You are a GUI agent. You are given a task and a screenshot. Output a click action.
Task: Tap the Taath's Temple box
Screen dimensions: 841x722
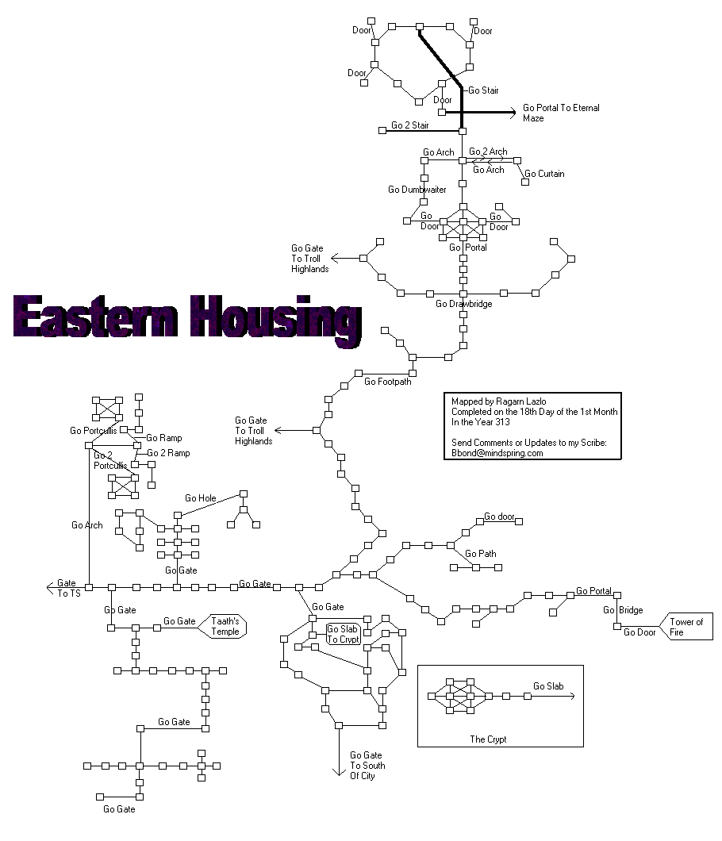pos(225,626)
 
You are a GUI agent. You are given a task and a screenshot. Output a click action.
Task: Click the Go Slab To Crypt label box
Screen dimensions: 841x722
pos(344,634)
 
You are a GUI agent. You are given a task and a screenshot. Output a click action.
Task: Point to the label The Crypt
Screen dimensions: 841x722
pos(488,739)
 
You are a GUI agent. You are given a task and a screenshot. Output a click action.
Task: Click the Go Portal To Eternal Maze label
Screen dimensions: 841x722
pos(560,113)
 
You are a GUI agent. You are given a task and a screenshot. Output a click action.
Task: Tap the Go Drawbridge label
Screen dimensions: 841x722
pos(463,304)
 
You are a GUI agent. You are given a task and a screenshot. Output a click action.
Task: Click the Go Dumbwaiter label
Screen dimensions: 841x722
pos(417,190)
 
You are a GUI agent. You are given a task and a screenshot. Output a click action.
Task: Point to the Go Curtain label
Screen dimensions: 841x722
pos(544,174)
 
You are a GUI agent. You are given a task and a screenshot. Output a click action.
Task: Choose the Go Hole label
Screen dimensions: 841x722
pos(200,498)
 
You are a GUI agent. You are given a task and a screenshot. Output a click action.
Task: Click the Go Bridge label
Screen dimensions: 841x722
pos(623,610)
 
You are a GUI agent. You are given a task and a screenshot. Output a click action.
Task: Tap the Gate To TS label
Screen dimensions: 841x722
pos(68,588)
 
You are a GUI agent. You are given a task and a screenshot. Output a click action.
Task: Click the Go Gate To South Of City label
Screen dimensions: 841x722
pos(367,766)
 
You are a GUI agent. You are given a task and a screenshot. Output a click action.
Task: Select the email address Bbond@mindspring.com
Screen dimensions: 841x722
pos(497,453)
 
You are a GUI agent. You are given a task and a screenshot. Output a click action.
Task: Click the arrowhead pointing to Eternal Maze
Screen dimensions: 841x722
pos(512,113)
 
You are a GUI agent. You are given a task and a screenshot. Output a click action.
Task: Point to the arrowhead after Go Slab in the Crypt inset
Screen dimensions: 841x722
pos(571,696)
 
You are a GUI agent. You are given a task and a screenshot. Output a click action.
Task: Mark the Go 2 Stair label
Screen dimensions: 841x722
pos(409,125)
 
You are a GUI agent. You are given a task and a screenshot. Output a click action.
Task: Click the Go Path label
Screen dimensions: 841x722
pos(481,553)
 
